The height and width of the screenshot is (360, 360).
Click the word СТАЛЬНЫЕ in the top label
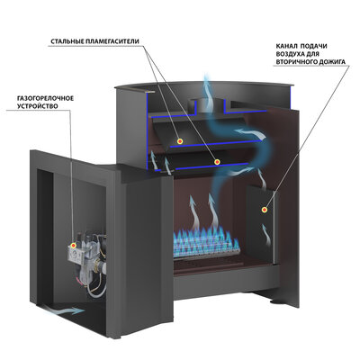(66, 41)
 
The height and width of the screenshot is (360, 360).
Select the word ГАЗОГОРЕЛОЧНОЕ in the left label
(45, 98)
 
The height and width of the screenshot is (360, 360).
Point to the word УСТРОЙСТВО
(38, 106)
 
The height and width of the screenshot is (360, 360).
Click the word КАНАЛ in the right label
(286, 46)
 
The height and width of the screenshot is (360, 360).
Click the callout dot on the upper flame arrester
(180, 141)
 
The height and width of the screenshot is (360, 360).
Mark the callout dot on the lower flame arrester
(217, 162)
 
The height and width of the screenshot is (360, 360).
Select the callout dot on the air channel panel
(265, 210)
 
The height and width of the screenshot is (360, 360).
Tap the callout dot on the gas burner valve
(73, 246)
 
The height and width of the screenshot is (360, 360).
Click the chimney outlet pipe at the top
(206, 106)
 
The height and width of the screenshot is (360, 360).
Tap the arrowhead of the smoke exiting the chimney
(206, 76)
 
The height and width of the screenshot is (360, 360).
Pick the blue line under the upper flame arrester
(215, 144)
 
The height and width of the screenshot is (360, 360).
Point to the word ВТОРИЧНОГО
(297, 62)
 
